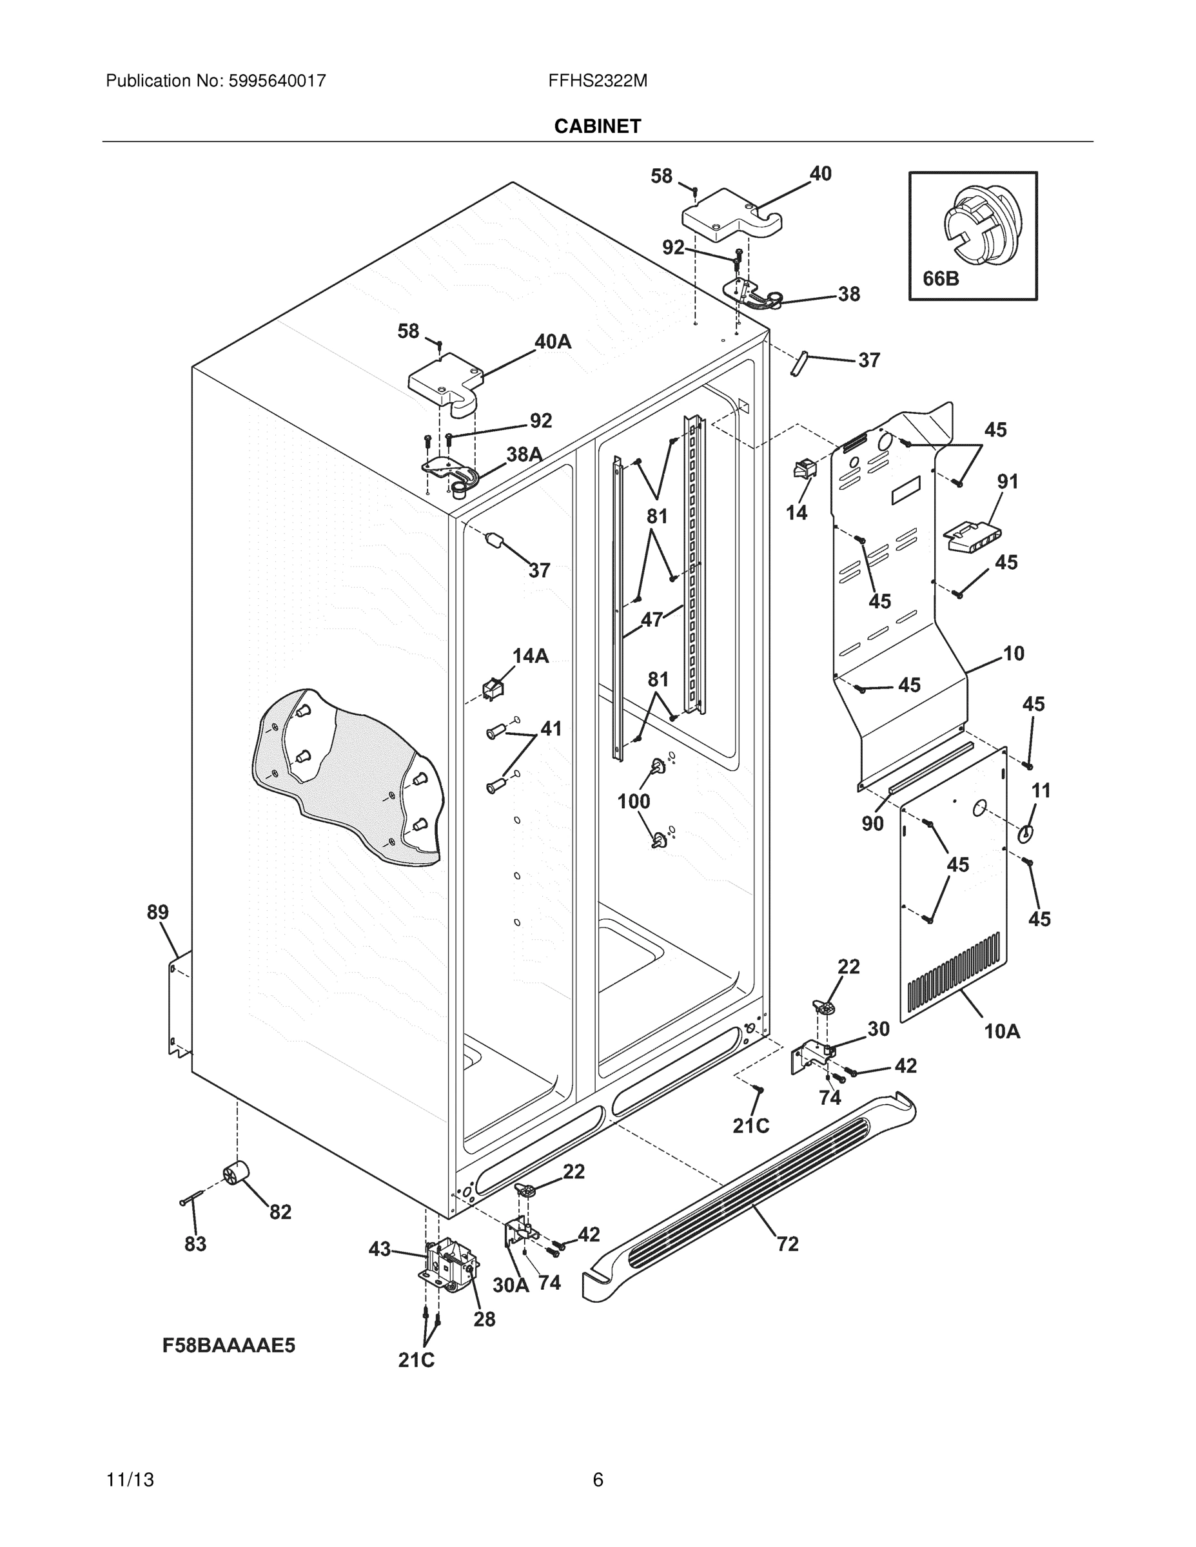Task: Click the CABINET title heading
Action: (x=597, y=126)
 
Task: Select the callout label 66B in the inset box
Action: (x=940, y=279)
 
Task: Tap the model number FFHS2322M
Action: (x=597, y=81)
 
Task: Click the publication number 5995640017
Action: (x=277, y=81)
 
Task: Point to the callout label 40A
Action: (x=553, y=342)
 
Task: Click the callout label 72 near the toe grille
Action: (x=787, y=1244)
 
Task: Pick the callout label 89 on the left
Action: (x=157, y=912)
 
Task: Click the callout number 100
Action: (x=633, y=801)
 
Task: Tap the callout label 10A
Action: (x=1002, y=1031)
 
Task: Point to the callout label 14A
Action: (x=531, y=656)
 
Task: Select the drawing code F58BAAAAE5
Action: (x=228, y=1345)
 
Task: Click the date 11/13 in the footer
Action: (x=130, y=1480)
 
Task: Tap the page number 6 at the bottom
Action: (x=597, y=1480)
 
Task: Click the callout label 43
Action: (x=380, y=1249)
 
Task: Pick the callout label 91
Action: (x=1008, y=482)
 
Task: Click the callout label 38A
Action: (x=524, y=454)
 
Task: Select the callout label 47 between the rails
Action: (x=651, y=620)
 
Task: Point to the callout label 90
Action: (x=872, y=823)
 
